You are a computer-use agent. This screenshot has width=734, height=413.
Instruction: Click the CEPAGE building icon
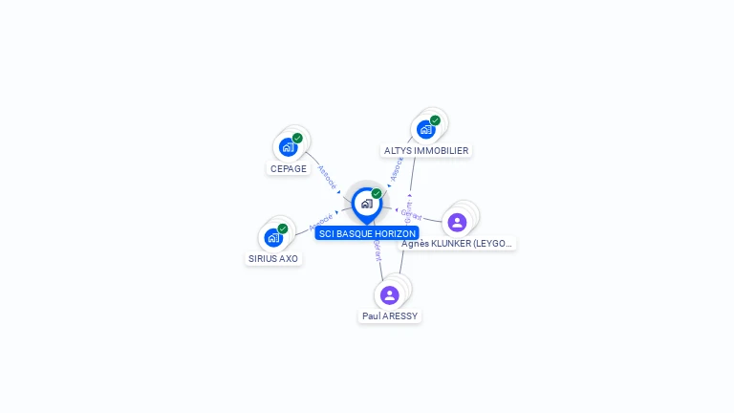[x=288, y=147]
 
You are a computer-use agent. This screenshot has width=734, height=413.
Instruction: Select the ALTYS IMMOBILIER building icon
[x=425, y=129]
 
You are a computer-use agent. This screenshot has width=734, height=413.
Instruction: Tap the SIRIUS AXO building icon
[x=273, y=237]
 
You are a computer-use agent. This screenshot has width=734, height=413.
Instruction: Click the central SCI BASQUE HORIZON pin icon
[x=366, y=204]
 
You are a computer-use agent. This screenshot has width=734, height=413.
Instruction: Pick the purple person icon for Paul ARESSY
[x=389, y=294]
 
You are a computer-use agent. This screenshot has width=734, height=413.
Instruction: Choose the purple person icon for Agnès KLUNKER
[x=457, y=222]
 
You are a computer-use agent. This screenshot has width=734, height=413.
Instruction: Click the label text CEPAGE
[x=289, y=169]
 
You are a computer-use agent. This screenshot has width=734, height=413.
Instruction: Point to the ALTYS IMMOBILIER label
[x=426, y=151]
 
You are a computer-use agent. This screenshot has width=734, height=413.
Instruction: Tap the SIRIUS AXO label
[x=273, y=259]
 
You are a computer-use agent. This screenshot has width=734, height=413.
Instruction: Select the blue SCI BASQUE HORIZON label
[x=368, y=233]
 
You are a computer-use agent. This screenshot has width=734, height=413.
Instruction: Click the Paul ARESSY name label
[x=390, y=316]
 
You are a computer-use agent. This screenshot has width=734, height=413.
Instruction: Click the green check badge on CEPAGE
[x=297, y=139]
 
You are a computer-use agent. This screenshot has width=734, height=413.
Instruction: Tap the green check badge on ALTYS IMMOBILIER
[x=435, y=120]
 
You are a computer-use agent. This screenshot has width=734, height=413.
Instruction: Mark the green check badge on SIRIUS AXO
[x=283, y=228]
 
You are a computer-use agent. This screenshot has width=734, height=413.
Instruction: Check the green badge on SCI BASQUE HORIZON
[x=377, y=194]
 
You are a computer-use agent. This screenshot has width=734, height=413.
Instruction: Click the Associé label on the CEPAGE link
[x=327, y=179]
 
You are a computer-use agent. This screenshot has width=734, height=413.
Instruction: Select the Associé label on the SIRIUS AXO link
[x=321, y=223]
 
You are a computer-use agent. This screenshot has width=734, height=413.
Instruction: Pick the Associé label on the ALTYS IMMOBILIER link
[x=398, y=169]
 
